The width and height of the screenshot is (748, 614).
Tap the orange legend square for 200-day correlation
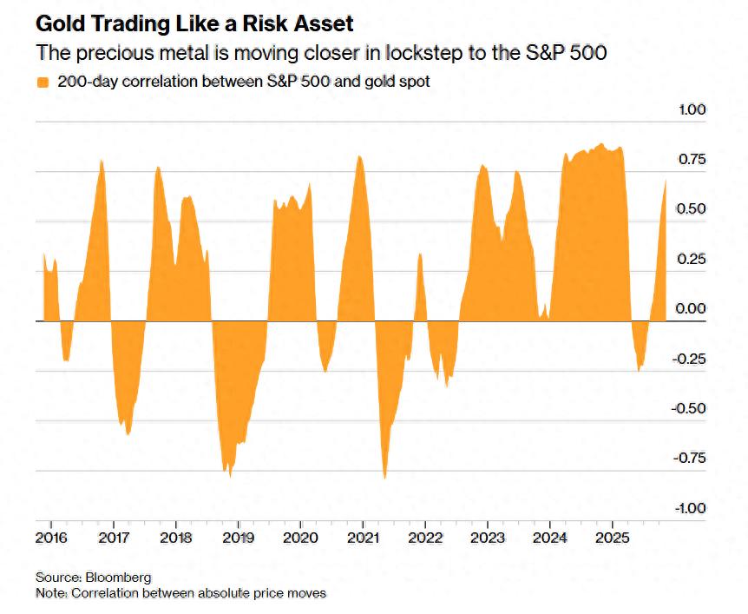[43, 83]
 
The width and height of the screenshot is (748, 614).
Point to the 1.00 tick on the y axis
[692, 109]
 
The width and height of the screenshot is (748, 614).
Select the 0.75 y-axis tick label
[692, 160]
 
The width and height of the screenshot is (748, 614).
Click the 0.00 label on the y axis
[692, 308]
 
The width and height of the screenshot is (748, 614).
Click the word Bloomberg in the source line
[120, 578]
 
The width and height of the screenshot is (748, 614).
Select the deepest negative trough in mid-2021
[384, 478]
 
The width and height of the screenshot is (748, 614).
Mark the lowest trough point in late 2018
[230, 477]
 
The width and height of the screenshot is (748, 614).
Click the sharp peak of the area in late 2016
[102, 161]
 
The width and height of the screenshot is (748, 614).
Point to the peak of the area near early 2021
[360, 156]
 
